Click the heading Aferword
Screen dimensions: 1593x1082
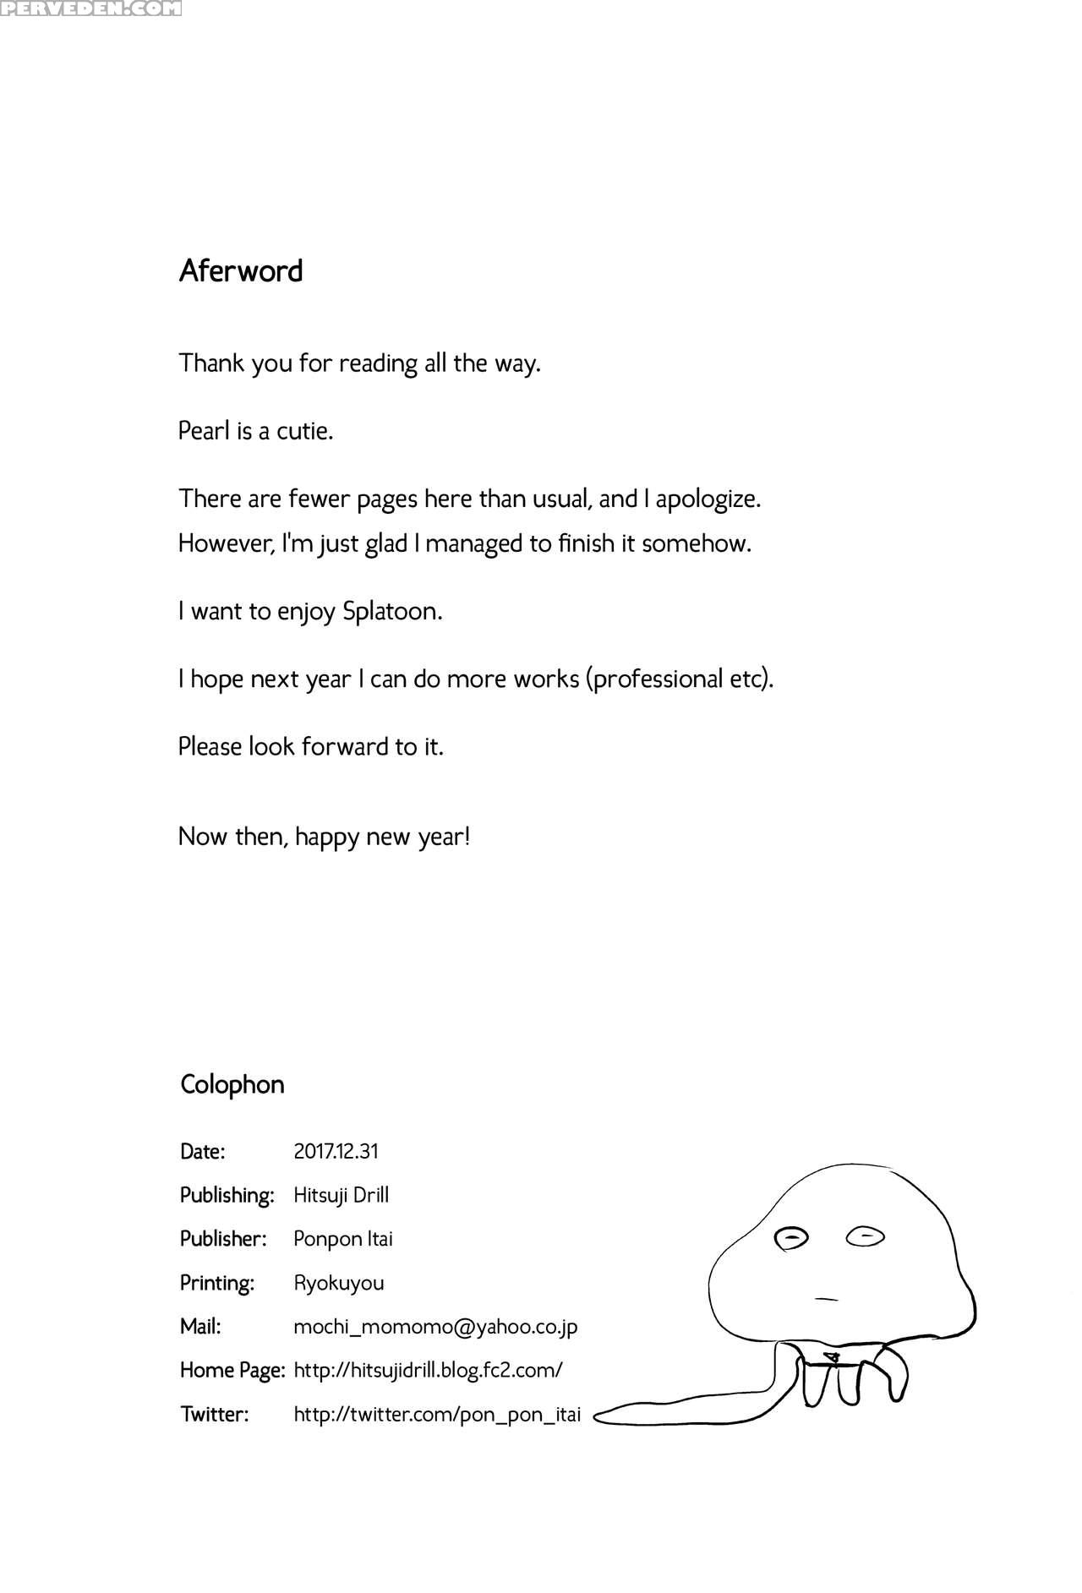click(x=241, y=270)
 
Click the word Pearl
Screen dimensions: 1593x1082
click(x=204, y=431)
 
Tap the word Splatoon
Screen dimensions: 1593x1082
click(x=391, y=611)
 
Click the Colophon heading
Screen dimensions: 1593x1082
click(x=232, y=1084)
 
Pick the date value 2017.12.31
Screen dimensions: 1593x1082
click(x=336, y=1151)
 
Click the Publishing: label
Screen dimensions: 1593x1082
click(x=227, y=1195)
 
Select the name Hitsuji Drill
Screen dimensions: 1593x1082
click(x=341, y=1195)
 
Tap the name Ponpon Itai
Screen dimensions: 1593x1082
click(x=342, y=1239)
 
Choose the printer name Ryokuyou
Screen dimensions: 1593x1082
click(x=338, y=1283)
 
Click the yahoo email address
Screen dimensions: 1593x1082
click(x=435, y=1327)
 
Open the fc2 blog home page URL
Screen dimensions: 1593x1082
click(x=428, y=1370)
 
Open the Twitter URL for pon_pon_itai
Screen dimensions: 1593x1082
click(x=437, y=1414)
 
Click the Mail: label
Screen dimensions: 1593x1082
click(x=200, y=1327)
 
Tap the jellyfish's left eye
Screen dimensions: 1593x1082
click(x=792, y=1238)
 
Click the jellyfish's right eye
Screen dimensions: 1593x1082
click(x=866, y=1237)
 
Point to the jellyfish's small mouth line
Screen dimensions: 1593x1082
click(x=826, y=1298)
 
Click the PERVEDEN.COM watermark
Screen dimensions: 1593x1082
click(x=90, y=9)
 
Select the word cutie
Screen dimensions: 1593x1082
click(x=305, y=431)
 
